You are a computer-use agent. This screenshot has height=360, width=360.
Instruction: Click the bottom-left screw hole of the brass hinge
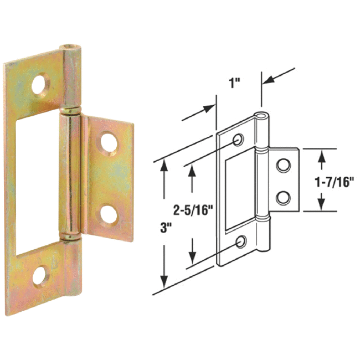pos(40,275)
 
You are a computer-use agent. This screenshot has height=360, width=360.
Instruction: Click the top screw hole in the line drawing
pos(239,140)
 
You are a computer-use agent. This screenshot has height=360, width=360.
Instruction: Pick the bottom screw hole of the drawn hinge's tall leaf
pos(241,241)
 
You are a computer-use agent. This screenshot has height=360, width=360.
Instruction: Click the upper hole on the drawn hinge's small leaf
pos(283,164)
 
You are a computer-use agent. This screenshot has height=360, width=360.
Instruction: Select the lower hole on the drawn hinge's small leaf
pos(283,197)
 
